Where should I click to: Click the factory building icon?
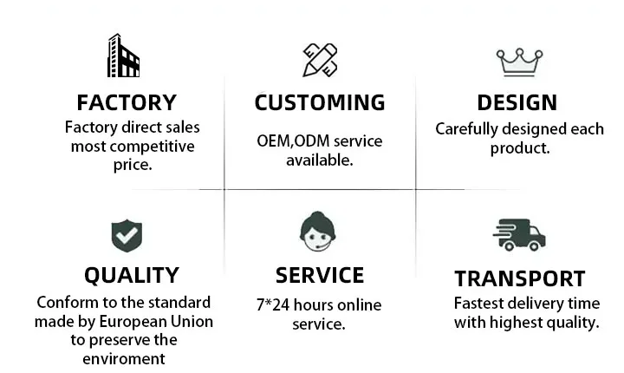pos(124,56)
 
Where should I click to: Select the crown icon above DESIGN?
pos(518,62)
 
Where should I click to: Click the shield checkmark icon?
pos(127,234)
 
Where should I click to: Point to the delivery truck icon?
pos(518,234)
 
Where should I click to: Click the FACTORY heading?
pos(127,102)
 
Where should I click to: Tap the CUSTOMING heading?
pos(319,102)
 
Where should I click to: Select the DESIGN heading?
pos(517,102)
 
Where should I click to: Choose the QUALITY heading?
pos(132,276)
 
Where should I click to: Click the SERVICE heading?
pos(319,276)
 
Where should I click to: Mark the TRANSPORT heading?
pos(520,278)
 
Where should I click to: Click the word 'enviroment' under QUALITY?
pos(124,359)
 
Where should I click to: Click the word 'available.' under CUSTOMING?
pos(319,160)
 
